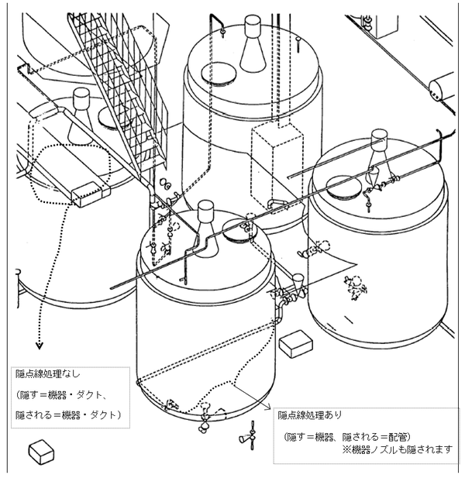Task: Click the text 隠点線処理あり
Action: (x=310, y=415)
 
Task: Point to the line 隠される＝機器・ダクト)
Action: (x=67, y=414)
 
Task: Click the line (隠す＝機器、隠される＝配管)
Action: (x=345, y=435)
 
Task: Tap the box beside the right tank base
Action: (x=295, y=345)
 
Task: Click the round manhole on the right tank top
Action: (x=345, y=186)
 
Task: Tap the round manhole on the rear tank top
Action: (x=218, y=73)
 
